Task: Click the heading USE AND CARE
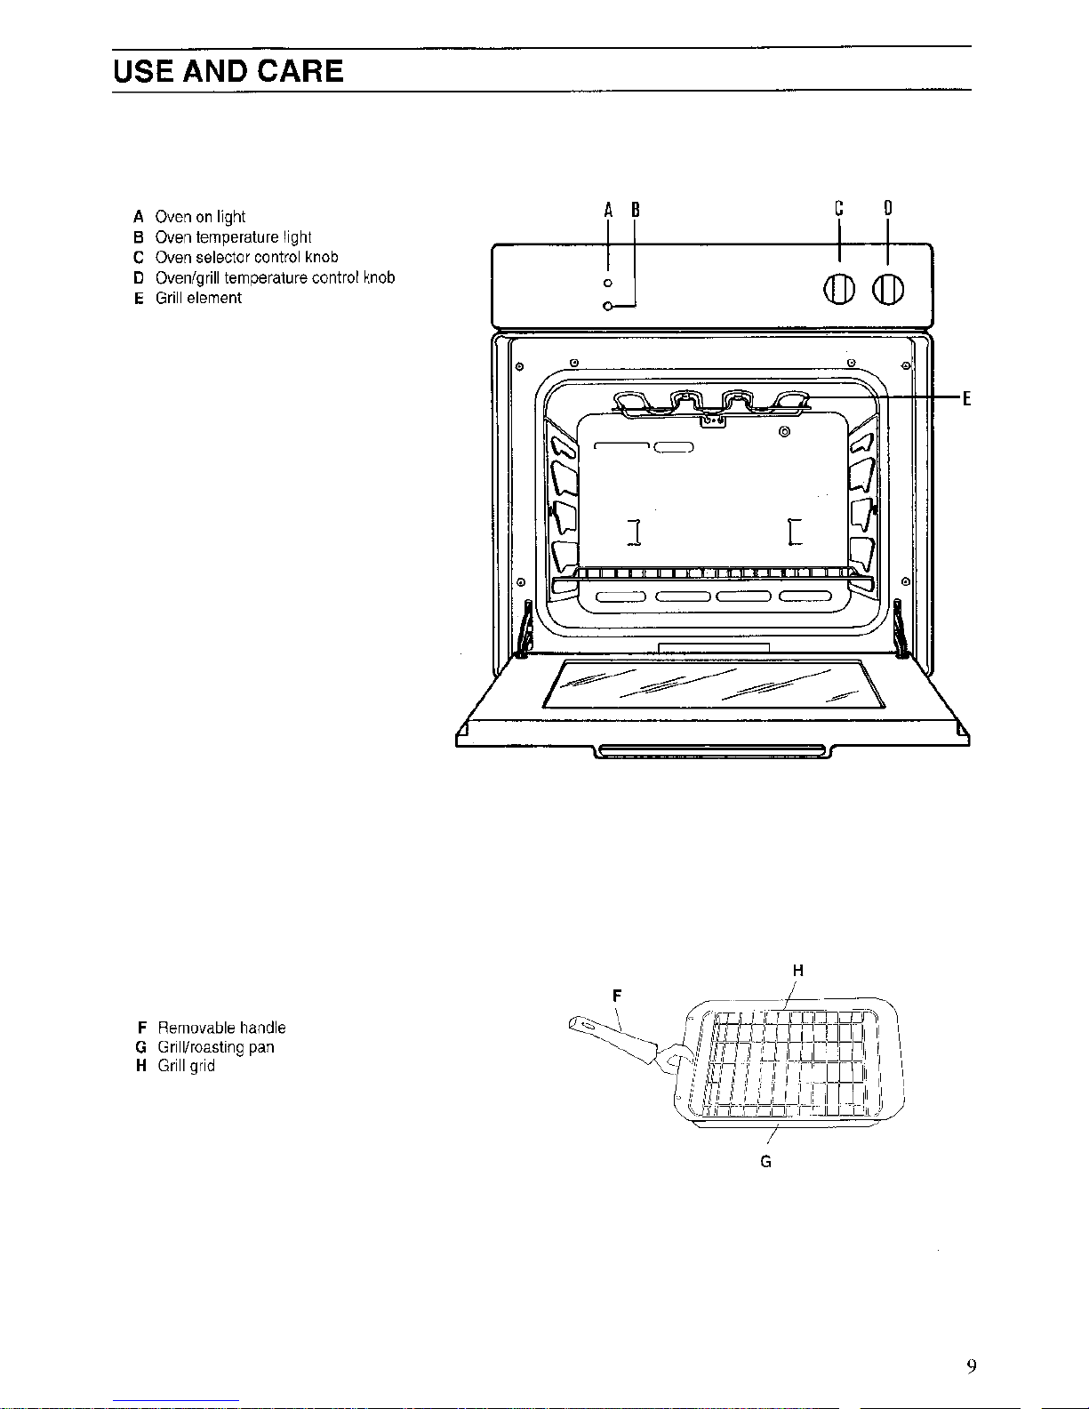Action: (x=228, y=71)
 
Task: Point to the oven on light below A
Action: (x=608, y=283)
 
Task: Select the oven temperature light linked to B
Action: (x=607, y=307)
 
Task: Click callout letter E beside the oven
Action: (x=966, y=397)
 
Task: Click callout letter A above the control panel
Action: (x=609, y=211)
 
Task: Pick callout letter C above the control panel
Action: (x=838, y=209)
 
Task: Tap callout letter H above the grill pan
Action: (x=797, y=971)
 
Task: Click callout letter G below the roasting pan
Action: (x=766, y=1161)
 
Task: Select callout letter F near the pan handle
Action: (x=617, y=996)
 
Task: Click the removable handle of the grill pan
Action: (x=613, y=1037)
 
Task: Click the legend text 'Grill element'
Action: (x=198, y=298)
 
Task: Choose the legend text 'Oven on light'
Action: (x=200, y=216)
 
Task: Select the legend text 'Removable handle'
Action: (x=221, y=1028)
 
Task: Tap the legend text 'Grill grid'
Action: (x=186, y=1066)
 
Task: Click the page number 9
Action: (x=973, y=1366)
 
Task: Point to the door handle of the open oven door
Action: (x=713, y=752)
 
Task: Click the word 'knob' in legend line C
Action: (x=321, y=257)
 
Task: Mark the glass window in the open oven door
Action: (x=714, y=684)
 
